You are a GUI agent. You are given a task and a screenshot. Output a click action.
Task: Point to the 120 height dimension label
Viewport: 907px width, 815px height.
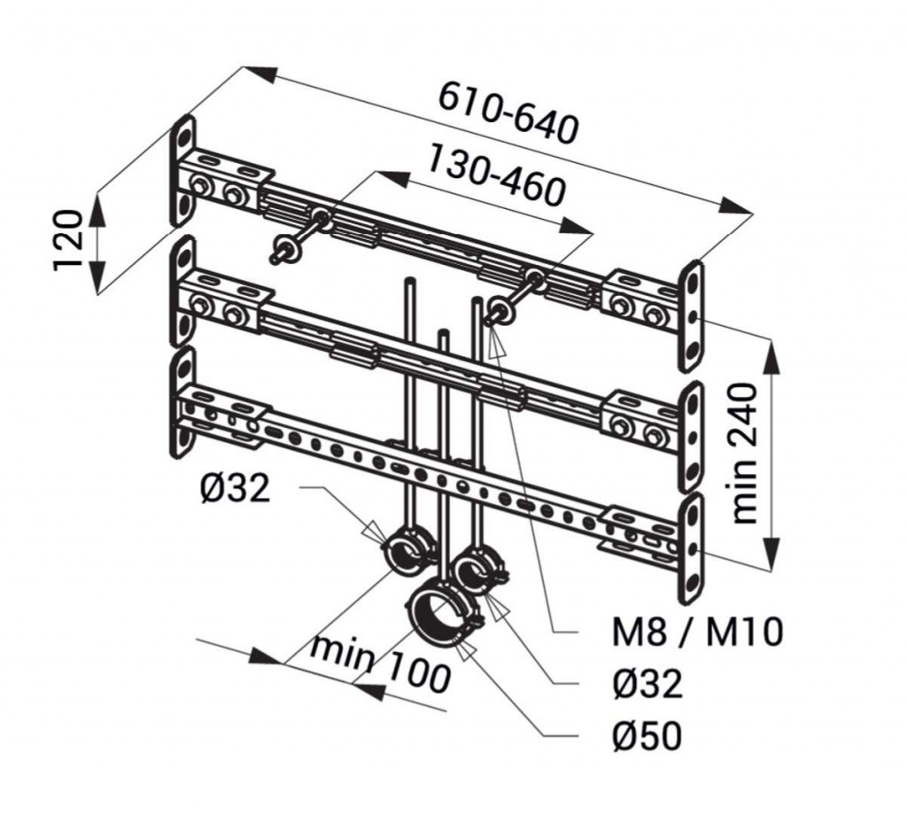pos(69,240)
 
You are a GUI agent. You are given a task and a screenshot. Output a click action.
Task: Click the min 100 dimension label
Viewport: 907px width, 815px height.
pos(380,664)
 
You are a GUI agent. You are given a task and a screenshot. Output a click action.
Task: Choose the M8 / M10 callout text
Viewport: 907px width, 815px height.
pos(697,633)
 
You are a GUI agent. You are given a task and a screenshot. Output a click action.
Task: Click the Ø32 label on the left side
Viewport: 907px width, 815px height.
pos(234,488)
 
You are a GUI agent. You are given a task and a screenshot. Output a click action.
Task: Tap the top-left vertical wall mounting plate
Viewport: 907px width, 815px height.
pos(182,168)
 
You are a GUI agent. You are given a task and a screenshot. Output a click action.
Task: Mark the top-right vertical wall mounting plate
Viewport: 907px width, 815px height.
pos(692,314)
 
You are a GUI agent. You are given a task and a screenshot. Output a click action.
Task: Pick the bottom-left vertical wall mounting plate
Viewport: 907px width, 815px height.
pos(182,402)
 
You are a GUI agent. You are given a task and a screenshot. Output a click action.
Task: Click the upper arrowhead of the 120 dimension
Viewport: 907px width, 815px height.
pos(96,205)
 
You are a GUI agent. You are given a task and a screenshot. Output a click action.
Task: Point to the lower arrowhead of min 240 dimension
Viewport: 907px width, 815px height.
pos(773,546)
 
